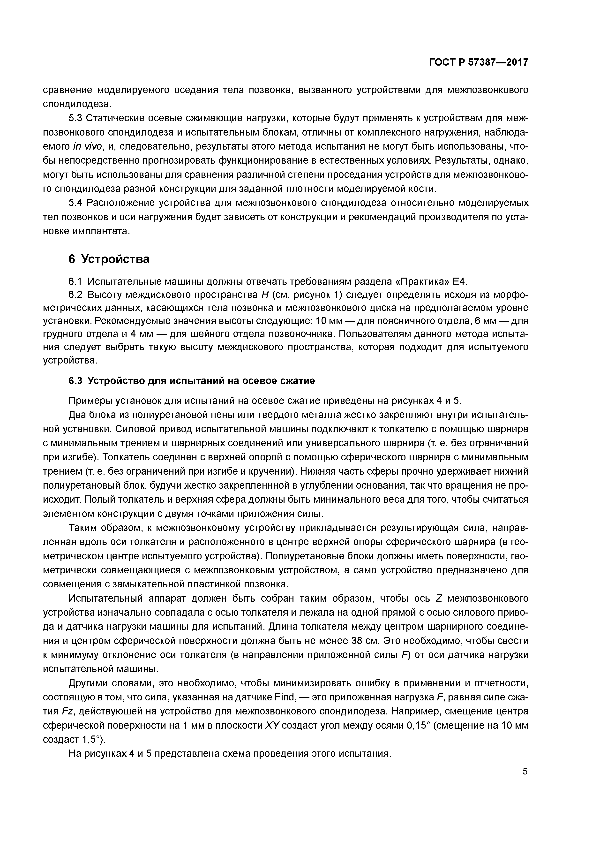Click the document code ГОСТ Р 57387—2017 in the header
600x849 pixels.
(x=478, y=62)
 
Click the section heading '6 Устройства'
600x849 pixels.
(x=109, y=259)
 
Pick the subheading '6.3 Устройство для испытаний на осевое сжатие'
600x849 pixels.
(x=192, y=381)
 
